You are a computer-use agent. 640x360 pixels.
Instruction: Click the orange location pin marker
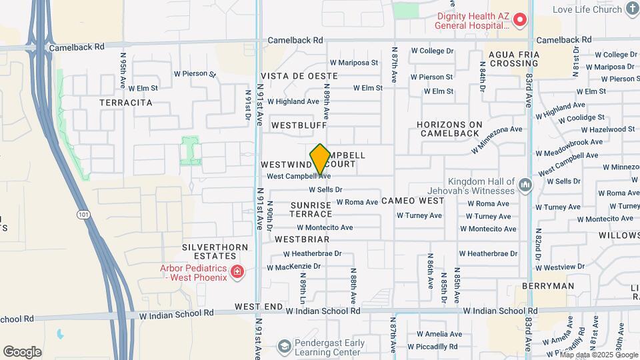(320, 159)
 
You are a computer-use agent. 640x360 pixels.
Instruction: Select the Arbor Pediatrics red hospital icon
(237, 271)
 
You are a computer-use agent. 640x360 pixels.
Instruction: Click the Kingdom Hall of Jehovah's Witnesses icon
(525, 183)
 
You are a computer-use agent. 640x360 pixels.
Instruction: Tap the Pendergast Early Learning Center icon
(285, 346)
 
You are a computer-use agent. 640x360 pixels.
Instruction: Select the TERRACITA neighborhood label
(125, 103)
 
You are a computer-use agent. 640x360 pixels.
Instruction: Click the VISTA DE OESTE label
(299, 76)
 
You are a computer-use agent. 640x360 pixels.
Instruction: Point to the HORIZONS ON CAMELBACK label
(458, 129)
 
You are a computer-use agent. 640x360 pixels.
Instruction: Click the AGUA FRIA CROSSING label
(513, 59)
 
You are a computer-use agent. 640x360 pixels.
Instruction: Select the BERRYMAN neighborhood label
(549, 286)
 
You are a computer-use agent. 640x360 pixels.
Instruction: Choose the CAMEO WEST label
(413, 201)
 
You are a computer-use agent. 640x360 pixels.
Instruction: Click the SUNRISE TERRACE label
(311, 209)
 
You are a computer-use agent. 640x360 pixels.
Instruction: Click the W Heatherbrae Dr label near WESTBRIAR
(312, 253)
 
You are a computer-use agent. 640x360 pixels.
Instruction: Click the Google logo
(22, 351)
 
